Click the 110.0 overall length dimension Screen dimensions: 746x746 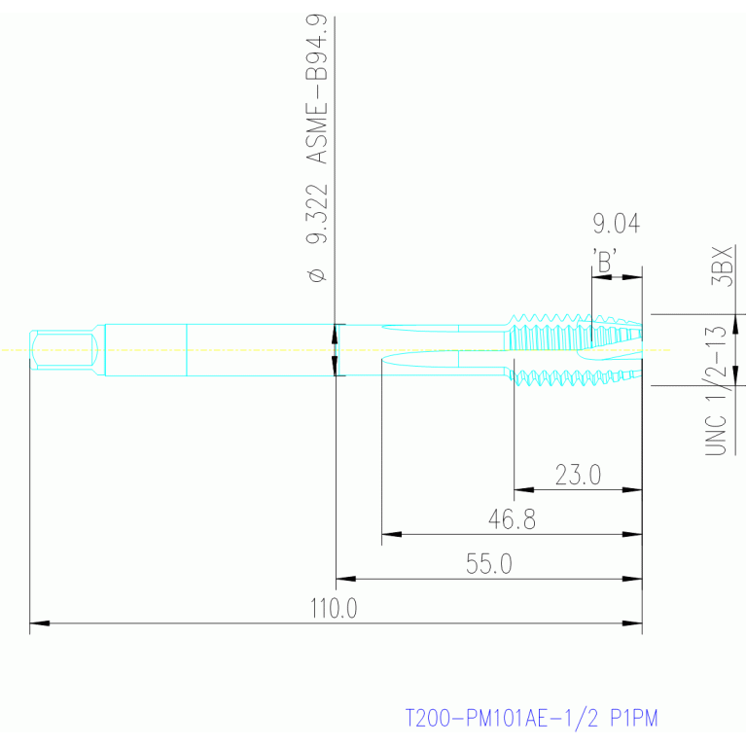334,608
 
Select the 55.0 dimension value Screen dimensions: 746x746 488,564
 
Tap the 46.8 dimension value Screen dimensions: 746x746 512,519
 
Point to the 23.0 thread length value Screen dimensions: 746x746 578,475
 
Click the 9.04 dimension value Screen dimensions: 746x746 616,224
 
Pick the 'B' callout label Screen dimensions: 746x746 605,261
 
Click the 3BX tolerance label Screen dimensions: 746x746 722,266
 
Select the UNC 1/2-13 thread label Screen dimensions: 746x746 717,391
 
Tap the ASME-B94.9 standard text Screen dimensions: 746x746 316,89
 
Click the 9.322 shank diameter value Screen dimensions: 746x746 317,214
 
